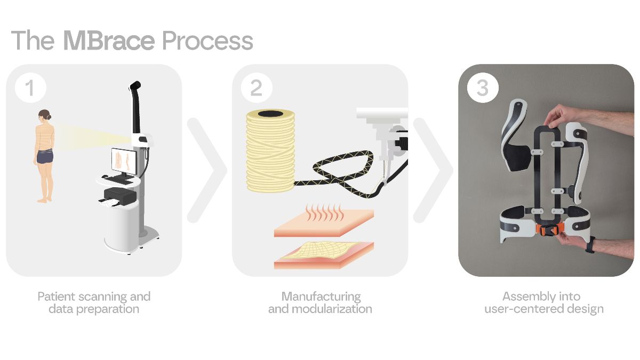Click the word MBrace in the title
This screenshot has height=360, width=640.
109,41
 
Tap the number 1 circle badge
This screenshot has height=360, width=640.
30,87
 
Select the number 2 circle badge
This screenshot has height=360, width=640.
257,87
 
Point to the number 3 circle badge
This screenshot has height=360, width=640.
483,87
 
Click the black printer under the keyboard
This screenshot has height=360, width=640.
120,195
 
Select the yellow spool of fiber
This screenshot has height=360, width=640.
270,150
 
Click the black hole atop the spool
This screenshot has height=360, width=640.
270,114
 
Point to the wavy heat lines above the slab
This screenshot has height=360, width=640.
325,213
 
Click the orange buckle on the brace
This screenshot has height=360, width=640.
549,229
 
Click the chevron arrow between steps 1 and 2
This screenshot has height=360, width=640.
207,170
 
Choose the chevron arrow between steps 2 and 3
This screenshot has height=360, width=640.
433,170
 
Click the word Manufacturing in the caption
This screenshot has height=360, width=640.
321,297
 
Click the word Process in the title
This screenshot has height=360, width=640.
207,41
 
